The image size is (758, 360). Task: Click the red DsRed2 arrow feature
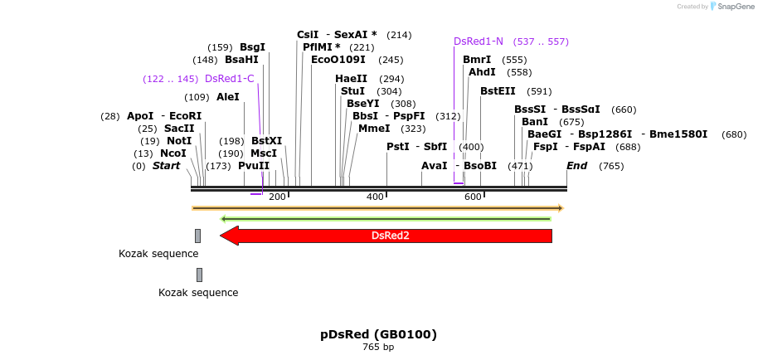click(390, 236)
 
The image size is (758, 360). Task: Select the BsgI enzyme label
click(252, 47)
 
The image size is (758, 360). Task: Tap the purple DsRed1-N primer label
click(479, 41)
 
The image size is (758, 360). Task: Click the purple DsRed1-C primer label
click(229, 79)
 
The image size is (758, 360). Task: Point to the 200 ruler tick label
click(277, 197)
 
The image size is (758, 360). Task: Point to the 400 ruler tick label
click(375, 197)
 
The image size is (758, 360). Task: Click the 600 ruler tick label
click(473, 197)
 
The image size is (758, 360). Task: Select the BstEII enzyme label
click(498, 91)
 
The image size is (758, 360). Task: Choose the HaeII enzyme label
click(352, 79)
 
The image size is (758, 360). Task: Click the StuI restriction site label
click(352, 91)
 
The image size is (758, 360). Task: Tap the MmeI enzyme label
click(374, 129)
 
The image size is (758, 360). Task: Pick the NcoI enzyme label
click(173, 153)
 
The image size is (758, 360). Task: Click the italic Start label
click(166, 166)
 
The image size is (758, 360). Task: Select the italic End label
click(576, 166)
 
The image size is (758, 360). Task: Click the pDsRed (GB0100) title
click(378, 334)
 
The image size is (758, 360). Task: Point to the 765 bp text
click(378, 347)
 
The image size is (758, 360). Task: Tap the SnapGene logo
click(727, 6)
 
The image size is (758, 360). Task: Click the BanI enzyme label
click(535, 122)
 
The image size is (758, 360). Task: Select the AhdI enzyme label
click(482, 72)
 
